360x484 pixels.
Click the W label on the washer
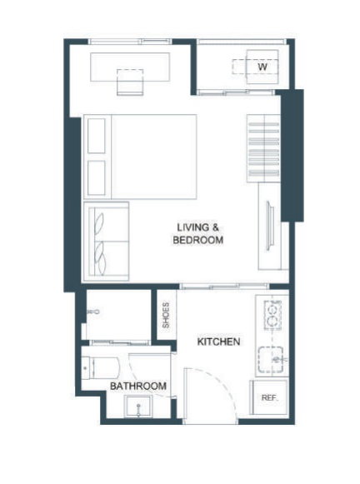262,67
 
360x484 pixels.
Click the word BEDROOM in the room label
197,240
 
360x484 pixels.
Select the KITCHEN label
218,342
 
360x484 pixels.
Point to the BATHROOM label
138,386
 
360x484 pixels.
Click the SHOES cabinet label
166,315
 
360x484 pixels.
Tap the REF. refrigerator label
269,397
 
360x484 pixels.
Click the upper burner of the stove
272,309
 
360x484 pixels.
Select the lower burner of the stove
272,322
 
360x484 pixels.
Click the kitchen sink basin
271,360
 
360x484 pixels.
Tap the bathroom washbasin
138,406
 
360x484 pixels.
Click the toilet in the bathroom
100,368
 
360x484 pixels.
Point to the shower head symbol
93,312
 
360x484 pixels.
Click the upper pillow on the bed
97,136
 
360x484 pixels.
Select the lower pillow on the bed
97,177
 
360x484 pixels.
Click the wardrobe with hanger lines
263,148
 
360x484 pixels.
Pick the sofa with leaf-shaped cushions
106,242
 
